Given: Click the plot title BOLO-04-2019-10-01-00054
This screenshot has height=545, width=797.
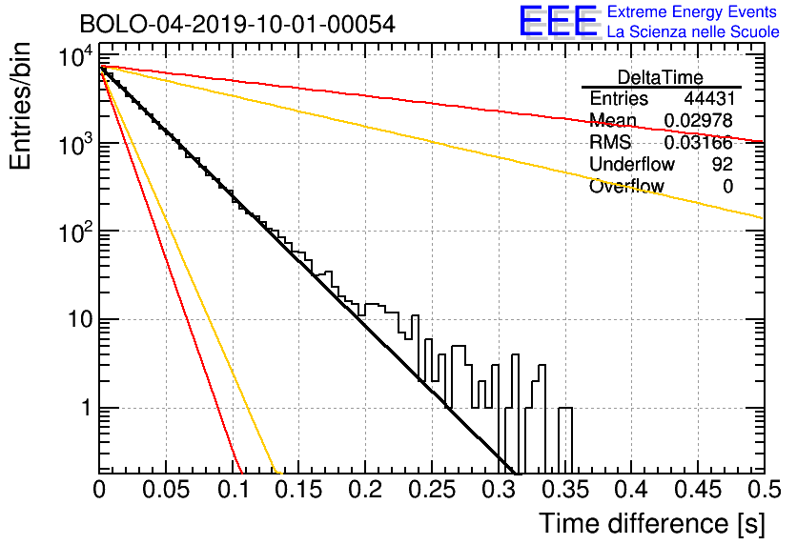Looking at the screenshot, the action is click(237, 24).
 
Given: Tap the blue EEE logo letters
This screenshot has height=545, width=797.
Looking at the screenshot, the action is click(558, 21).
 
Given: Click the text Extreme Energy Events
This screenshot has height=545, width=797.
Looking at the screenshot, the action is click(692, 11).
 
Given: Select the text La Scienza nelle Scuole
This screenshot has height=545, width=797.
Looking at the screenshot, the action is click(693, 32).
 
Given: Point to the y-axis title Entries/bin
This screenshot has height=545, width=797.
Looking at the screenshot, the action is click(20, 106).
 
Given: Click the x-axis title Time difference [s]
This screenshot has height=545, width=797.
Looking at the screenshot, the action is click(652, 523).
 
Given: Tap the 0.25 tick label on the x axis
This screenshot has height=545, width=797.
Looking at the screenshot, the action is click(432, 490).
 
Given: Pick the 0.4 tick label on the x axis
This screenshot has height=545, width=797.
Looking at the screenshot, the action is click(631, 490).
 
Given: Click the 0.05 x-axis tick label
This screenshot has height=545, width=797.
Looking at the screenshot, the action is click(166, 490).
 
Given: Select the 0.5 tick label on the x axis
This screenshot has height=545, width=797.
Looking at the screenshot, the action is click(764, 490).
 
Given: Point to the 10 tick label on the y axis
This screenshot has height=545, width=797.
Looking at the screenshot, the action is click(80, 320).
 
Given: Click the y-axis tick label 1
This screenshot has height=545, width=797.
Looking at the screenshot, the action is click(88, 408).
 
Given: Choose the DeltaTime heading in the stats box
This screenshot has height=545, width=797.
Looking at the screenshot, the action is click(661, 77).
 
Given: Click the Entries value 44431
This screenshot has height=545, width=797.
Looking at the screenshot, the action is click(709, 98).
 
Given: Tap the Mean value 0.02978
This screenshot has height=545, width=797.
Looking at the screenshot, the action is click(699, 120).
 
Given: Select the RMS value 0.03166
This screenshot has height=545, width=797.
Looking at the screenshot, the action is click(699, 143).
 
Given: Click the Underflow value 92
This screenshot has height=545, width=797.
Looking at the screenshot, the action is click(723, 164).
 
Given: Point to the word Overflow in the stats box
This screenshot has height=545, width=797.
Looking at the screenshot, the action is click(626, 187).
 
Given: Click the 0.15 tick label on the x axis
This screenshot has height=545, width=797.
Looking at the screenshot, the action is click(298, 490).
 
